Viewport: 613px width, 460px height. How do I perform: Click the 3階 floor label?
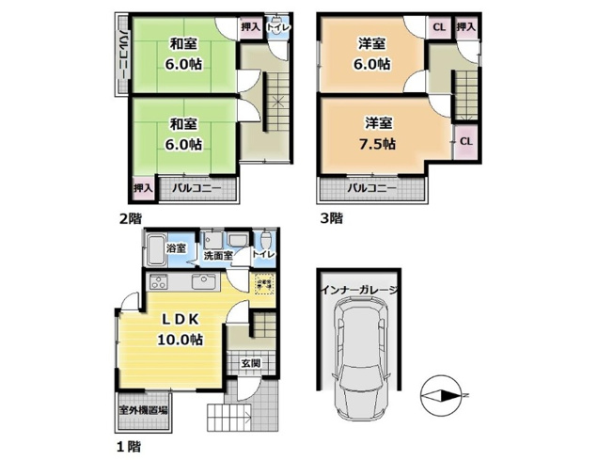click(331, 218)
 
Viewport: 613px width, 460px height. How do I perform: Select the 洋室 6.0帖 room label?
click(372, 54)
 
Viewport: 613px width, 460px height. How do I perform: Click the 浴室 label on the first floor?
click(176, 249)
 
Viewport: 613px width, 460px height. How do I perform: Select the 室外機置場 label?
click(143, 410)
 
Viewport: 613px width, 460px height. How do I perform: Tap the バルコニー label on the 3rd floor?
click(370, 189)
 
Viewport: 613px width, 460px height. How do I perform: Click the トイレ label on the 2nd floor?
click(277, 28)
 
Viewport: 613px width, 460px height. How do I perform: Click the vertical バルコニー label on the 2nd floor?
click(123, 56)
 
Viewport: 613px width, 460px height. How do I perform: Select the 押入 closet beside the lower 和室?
click(142, 188)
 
